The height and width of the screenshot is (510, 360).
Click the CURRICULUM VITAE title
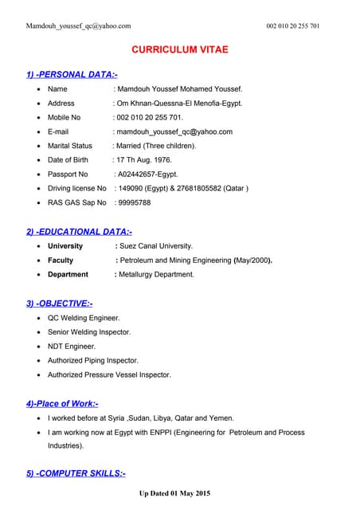pyautogui.click(x=179, y=49)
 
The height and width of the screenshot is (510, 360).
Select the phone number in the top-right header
pyautogui.click(x=293, y=26)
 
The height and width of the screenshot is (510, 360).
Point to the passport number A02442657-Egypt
pyautogui.click(x=147, y=174)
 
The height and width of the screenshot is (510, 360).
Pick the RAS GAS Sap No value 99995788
pyautogui.click(x=134, y=202)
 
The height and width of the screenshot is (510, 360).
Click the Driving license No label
pyautogui.click(x=76, y=188)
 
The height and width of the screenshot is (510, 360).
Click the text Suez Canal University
pyautogui.click(x=155, y=246)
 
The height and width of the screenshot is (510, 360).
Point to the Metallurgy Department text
pyautogui.click(x=156, y=274)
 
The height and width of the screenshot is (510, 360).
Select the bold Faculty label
pyautogui.click(x=61, y=260)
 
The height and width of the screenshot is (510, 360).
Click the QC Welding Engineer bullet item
pyautogui.click(x=83, y=317)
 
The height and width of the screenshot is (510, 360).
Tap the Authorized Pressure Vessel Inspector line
pyautogui.click(x=109, y=375)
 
